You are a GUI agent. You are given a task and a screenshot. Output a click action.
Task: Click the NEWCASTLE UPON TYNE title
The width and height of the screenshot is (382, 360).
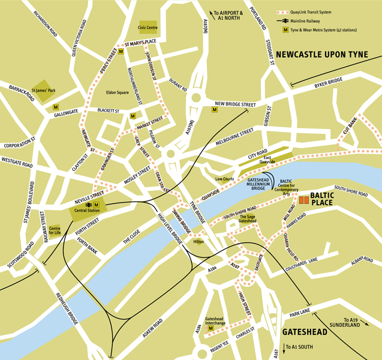327,54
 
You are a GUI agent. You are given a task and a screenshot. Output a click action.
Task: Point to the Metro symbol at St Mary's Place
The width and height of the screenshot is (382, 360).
121,52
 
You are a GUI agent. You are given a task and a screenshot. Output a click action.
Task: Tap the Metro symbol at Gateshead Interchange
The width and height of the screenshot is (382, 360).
211,328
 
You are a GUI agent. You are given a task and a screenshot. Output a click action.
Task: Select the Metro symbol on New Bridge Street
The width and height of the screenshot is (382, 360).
215,110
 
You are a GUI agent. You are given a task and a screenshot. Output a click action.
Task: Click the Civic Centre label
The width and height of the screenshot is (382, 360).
148,28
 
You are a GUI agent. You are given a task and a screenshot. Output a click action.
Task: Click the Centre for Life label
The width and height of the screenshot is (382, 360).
55,229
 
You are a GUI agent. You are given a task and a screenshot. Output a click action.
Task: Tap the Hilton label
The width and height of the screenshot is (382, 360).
198,242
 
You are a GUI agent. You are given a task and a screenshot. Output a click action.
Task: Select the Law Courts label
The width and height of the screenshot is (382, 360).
224,179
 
